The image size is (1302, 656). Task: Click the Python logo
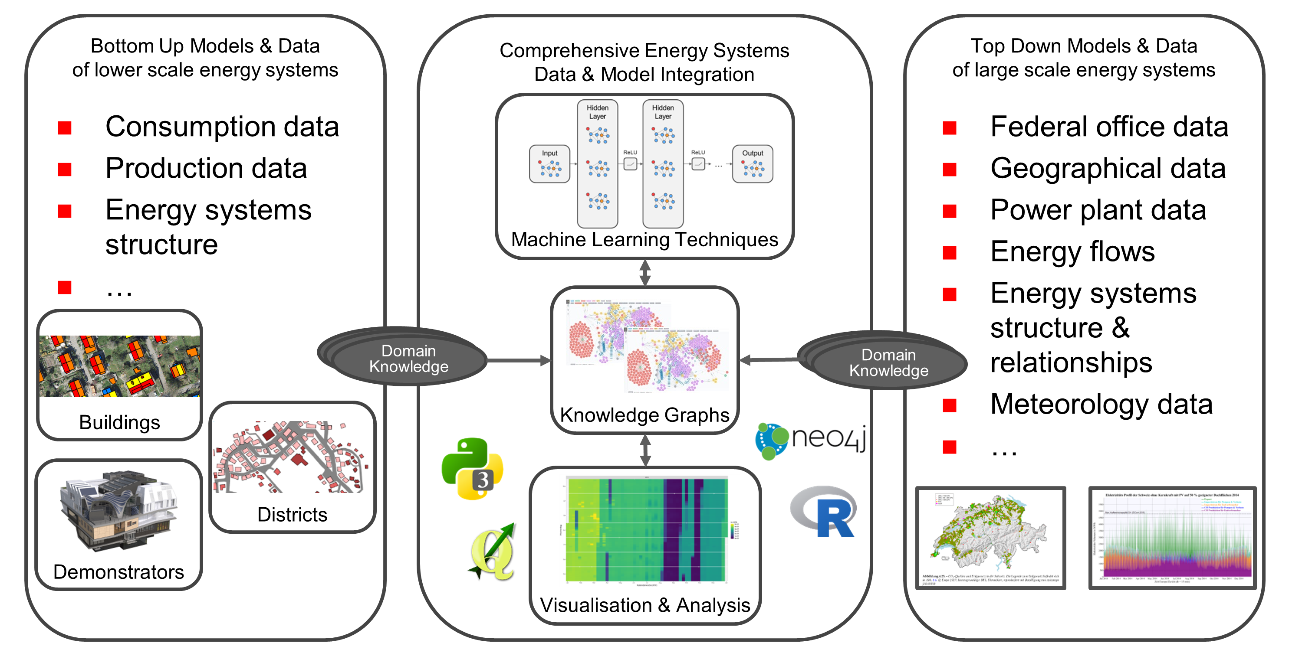pyautogui.click(x=472, y=468)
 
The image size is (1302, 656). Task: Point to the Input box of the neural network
pyautogui.click(x=549, y=164)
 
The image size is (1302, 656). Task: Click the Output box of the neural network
pyautogui.click(x=752, y=164)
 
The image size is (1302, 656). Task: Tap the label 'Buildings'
pyautogui.click(x=119, y=422)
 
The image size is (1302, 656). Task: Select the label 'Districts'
pyautogui.click(x=292, y=514)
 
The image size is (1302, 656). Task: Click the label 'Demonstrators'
pyautogui.click(x=118, y=571)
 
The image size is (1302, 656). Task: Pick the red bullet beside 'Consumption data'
pyautogui.click(x=65, y=128)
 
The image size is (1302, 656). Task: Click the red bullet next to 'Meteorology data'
pyautogui.click(x=950, y=405)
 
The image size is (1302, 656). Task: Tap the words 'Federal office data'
pyautogui.click(x=1109, y=126)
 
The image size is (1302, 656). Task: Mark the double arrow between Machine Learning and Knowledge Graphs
pyautogui.click(x=645, y=273)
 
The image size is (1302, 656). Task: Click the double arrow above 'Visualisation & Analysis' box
pyautogui.click(x=645, y=450)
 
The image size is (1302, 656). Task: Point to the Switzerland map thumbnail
pyautogui.click(x=991, y=538)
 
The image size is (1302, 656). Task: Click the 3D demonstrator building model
pyautogui.click(x=119, y=510)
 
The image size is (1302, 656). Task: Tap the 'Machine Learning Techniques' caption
pyautogui.click(x=644, y=239)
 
